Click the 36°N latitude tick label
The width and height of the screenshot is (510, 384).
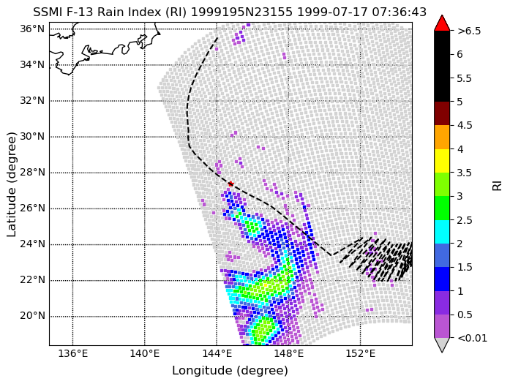point(32,29)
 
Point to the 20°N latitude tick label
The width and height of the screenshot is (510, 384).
point(32,316)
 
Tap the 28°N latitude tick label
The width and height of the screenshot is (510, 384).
point(32,173)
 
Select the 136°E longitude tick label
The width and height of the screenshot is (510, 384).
point(72,353)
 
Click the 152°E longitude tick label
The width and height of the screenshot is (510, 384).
point(360,353)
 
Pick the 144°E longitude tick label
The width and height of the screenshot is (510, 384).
point(217,353)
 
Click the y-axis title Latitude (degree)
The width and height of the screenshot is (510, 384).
point(11,184)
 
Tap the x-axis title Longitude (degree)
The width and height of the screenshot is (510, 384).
point(230,371)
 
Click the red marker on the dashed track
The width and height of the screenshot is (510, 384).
point(230,184)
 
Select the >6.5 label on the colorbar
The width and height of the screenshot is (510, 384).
point(469,31)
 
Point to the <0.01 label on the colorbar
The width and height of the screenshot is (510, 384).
point(472,338)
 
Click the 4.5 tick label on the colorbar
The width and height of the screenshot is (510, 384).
point(465,126)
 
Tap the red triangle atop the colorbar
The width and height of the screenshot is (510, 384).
point(442,23)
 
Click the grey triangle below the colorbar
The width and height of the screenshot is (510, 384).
point(442,344)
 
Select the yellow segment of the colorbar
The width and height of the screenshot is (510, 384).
point(442,161)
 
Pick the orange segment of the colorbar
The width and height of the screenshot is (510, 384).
point(442,138)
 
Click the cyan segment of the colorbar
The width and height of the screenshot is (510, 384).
point(442,232)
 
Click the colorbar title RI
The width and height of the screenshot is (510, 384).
point(498,186)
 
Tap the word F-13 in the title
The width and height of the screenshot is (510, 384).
point(80,12)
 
